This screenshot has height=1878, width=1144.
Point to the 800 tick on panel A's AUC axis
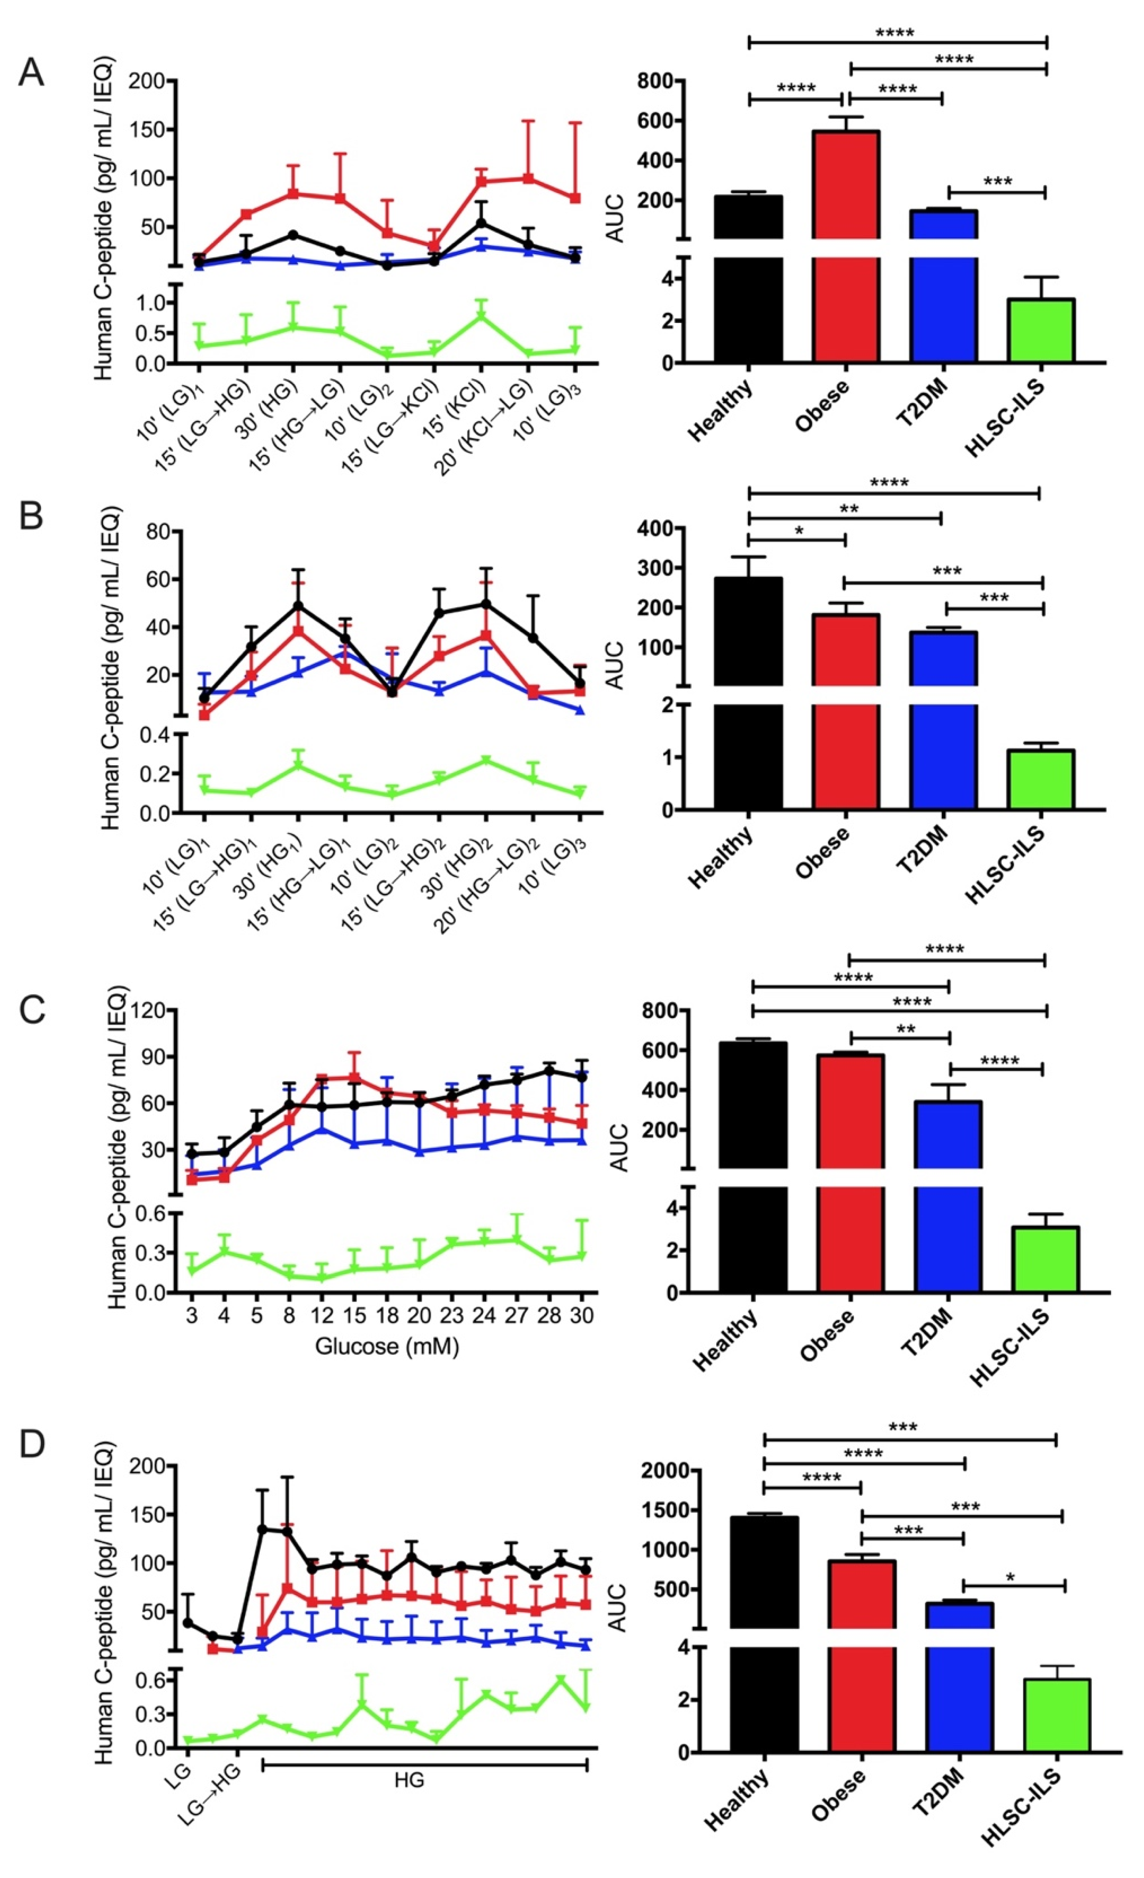click(x=660, y=81)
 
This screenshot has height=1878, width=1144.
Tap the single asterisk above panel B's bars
click(x=799, y=530)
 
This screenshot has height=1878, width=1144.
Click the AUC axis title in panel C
click(x=619, y=1147)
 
